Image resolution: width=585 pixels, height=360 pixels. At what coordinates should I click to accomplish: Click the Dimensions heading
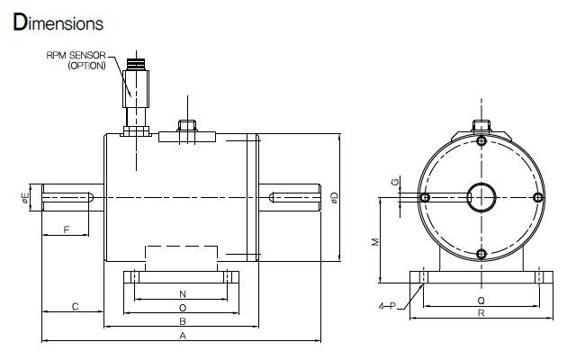pos(58,22)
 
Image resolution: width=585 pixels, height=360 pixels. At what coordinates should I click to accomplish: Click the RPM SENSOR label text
pos(76,55)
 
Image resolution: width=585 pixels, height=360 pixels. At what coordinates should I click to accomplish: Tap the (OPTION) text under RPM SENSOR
pos(87,66)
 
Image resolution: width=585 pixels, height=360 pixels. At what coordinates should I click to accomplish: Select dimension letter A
pos(183,336)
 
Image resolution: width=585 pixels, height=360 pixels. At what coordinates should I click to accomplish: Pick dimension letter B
pos(183,321)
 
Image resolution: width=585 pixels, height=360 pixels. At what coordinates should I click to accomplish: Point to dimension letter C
pos(75,307)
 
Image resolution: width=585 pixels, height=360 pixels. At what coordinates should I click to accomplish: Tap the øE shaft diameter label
pos(25,198)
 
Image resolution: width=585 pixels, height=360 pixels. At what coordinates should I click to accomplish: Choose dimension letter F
pos(67,229)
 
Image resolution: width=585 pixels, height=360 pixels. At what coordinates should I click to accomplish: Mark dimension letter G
pos(395,182)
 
